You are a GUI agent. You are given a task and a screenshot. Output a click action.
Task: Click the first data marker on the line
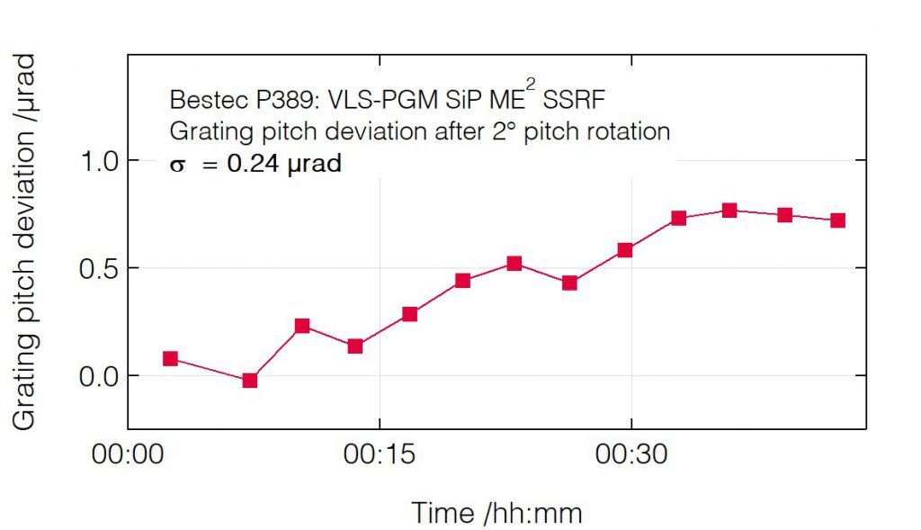pos(170,358)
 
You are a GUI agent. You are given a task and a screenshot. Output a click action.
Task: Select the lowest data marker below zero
pos(250,380)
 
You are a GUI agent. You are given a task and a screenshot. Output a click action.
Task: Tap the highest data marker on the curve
pos(729,211)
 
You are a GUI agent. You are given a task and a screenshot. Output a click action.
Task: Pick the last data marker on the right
pos(838,220)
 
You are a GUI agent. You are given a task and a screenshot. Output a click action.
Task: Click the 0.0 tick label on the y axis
pos(99,376)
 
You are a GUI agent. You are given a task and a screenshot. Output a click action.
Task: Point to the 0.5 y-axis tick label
pos(99,268)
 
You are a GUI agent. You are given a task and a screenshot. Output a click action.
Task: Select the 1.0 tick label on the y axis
pos(99,161)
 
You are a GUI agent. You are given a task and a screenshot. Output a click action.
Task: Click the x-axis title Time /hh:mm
pos(496,513)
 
